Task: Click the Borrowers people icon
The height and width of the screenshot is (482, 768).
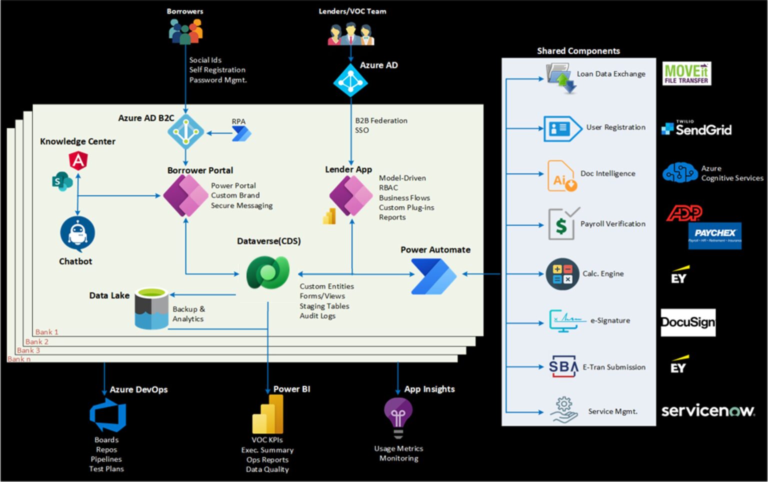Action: (185, 31)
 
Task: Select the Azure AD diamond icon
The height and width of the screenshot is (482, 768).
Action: (350, 80)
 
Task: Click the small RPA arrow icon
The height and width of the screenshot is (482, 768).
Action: (242, 133)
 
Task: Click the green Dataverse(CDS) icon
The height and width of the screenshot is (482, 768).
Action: (268, 272)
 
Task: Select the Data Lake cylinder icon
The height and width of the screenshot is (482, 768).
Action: (151, 308)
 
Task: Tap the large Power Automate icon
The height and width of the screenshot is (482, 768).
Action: (433, 276)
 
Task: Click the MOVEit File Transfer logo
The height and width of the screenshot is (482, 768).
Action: (686, 73)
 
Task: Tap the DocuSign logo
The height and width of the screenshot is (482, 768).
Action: (688, 322)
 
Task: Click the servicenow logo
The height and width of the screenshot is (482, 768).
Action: (707, 411)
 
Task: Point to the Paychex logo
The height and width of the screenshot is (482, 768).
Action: (714, 235)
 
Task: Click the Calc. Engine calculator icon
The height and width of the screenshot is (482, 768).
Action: (562, 274)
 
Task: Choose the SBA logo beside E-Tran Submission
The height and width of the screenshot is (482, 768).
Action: (563, 367)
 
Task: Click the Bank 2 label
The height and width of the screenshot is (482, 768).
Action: (37, 342)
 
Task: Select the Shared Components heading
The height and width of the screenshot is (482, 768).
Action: (578, 51)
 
